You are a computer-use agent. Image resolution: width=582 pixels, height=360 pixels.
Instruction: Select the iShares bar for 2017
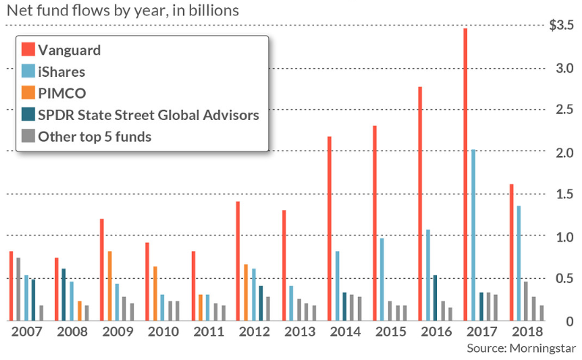(474, 234)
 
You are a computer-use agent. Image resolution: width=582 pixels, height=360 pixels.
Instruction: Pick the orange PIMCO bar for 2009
(110, 285)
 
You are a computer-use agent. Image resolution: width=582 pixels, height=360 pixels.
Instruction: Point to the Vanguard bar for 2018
(511, 252)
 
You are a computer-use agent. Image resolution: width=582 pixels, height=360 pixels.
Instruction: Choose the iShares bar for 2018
(520, 263)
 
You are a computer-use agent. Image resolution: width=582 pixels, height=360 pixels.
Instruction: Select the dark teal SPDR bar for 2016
(436, 297)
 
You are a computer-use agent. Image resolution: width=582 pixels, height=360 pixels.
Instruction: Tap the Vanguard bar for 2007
(11, 285)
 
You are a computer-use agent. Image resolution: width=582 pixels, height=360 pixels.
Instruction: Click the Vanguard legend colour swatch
(28, 50)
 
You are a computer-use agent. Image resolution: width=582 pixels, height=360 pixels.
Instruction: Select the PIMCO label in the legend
(61, 93)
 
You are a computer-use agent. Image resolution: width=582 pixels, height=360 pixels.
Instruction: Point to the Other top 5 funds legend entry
(94, 135)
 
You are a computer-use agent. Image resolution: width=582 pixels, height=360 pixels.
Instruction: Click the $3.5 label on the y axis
(563, 26)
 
